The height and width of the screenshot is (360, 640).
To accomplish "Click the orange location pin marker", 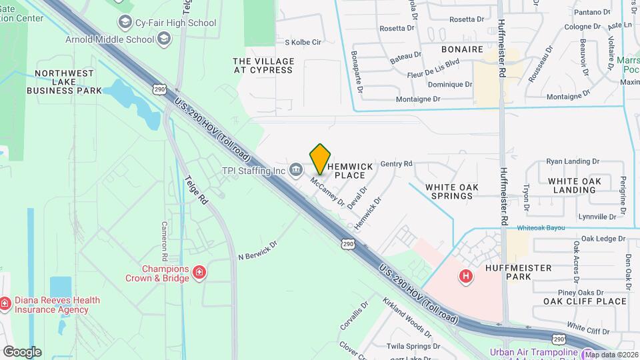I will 320,159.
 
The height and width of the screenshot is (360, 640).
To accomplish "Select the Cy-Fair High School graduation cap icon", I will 125,23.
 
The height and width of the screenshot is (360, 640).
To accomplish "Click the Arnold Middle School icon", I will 163,39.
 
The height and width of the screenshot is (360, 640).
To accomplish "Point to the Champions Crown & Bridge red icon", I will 198,272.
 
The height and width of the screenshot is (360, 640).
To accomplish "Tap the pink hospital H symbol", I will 466,275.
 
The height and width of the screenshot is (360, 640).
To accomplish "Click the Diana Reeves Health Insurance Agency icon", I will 5,304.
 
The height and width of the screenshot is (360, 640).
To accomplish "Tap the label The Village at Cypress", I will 263,65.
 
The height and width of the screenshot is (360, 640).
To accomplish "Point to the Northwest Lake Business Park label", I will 69,82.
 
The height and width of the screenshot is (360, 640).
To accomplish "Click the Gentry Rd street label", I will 397,163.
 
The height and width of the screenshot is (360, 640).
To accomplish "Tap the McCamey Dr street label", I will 327,191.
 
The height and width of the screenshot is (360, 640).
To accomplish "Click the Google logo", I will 22,351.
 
